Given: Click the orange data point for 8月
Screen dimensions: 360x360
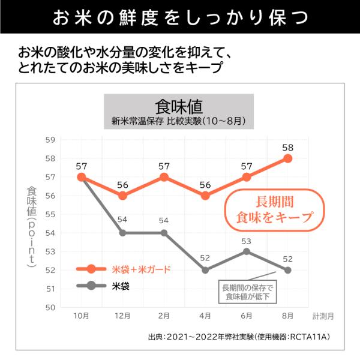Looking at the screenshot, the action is pyautogui.click(x=287, y=158).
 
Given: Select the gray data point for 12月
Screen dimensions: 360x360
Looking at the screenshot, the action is pyautogui.click(x=122, y=233).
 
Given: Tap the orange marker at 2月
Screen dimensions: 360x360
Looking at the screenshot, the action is pyautogui.click(x=164, y=177).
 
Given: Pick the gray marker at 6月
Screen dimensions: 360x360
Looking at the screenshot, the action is pyautogui.click(x=247, y=251).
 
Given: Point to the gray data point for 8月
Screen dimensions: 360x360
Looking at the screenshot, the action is pyautogui.click(x=287, y=270).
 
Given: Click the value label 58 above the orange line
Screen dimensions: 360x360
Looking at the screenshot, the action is pyautogui.click(x=287, y=148).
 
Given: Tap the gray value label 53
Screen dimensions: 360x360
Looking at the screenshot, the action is pyautogui.click(x=247, y=241).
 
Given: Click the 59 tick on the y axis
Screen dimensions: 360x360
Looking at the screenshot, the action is pyautogui.click(x=50, y=140).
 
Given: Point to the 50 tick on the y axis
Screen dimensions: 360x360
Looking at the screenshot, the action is pyautogui.click(x=50, y=307).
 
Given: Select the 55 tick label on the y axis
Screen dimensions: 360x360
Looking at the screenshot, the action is pyautogui.click(x=50, y=214).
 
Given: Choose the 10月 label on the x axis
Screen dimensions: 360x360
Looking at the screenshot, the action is pyautogui.click(x=81, y=316).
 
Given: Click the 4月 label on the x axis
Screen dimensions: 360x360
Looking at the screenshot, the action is pyautogui.click(x=205, y=316).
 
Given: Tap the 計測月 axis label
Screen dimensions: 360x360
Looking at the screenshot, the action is pyautogui.click(x=323, y=316).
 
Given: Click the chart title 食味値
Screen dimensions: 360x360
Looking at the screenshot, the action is pyautogui.click(x=179, y=107).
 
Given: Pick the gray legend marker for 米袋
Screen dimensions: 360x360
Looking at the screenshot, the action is pyautogui.click(x=91, y=286).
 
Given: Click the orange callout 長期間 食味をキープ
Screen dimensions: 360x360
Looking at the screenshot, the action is pyautogui.click(x=275, y=209).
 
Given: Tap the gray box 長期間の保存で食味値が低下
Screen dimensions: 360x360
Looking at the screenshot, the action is pyautogui.click(x=247, y=292).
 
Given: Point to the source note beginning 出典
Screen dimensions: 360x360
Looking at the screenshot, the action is pyautogui.click(x=239, y=337).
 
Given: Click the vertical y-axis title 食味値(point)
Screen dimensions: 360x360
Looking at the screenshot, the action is pyautogui.click(x=32, y=227).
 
